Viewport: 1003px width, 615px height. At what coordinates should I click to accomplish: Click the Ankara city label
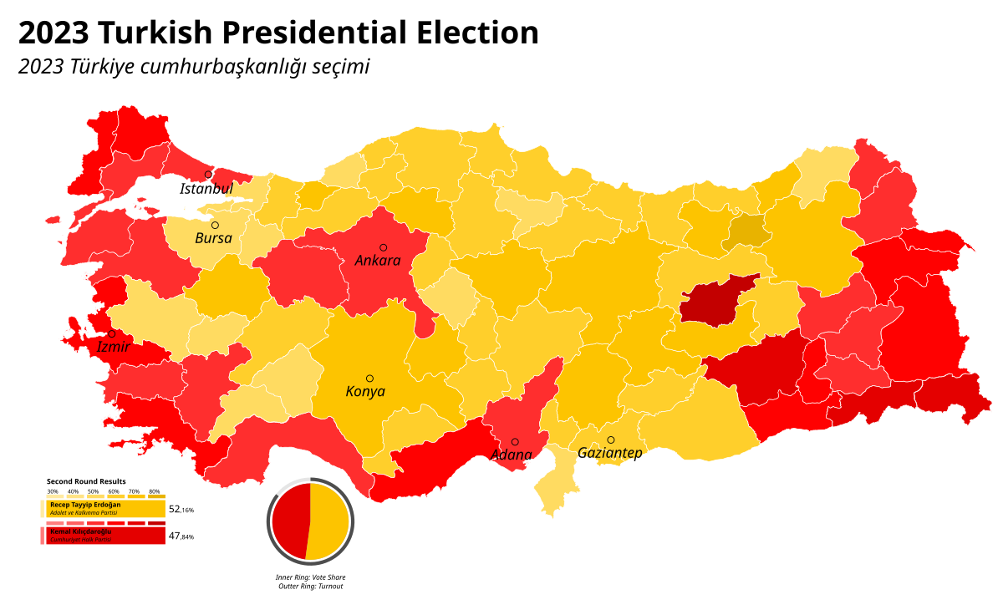(378, 261)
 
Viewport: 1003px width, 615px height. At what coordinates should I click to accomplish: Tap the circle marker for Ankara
(384, 247)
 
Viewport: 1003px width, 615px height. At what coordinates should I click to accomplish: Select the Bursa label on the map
(214, 238)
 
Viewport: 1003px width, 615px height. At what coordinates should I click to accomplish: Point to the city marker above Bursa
(215, 225)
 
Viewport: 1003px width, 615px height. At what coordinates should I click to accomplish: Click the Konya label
(365, 392)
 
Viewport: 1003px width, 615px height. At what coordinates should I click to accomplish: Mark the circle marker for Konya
(369, 379)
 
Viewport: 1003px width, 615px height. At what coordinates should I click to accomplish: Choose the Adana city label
(512, 455)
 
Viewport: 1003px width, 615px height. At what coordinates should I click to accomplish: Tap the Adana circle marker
(515, 442)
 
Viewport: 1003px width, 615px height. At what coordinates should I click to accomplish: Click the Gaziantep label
(610, 453)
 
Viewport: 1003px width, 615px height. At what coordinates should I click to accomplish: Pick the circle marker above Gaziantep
(611, 440)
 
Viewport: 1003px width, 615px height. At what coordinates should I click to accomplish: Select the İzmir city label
(113, 347)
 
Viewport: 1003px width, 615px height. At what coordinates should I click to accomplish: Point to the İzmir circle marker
(112, 333)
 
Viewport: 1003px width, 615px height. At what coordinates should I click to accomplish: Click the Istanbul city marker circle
(208, 175)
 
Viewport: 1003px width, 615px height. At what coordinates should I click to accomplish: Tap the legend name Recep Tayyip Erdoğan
(85, 505)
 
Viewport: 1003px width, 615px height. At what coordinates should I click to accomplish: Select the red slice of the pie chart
(289, 521)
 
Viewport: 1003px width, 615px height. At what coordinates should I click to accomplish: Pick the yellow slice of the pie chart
(329, 521)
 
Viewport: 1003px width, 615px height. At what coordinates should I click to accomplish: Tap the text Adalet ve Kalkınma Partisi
(84, 513)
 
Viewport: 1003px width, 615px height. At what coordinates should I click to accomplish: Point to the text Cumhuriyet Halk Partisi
(80, 540)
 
